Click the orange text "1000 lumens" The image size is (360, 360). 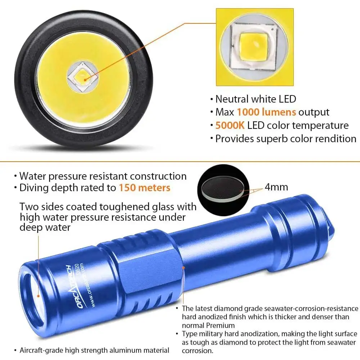pyautogui.click(x=266, y=112)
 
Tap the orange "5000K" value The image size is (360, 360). pyautogui.click(x=230, y=125)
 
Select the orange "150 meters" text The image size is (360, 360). pyautogui.click(x=144, y=188)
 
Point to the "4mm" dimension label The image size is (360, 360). pyautogui.click(x=276, y=187)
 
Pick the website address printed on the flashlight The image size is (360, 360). pyautogui.click(x=88, y=285)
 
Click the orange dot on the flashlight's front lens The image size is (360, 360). pyautogui.click(x=39, y=296)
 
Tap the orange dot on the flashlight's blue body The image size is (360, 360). pyautogui.click(x=184, y=268)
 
